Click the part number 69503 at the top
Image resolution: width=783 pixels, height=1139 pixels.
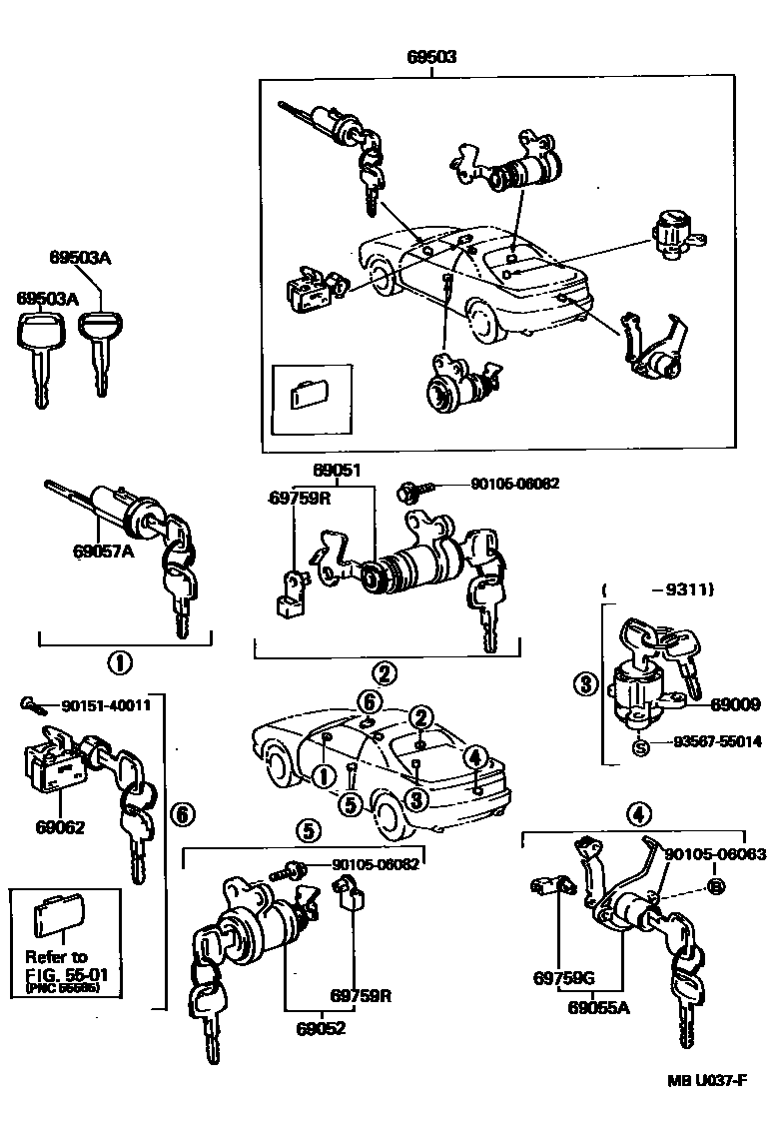click(432, 57)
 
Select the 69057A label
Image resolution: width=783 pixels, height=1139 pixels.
click(102, 549)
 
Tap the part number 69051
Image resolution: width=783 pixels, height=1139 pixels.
click(336, 470)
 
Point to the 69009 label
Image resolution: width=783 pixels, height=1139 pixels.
click(732, 703)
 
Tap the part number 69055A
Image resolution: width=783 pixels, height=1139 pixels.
click(599, 1009)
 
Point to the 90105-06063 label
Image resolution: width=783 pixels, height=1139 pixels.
click(715, 854)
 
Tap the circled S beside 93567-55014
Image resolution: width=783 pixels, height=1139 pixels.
click(639, 742)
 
